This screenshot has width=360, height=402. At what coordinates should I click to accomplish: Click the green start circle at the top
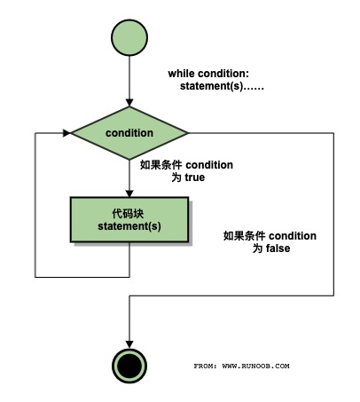(129, 38)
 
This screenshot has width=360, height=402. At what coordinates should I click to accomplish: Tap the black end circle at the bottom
(129, 365)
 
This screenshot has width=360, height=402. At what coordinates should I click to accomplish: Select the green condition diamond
(129, 133)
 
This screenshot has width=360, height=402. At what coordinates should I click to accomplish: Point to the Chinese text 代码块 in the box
(129, 213)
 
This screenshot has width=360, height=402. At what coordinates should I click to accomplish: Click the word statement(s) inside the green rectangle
(129, 227)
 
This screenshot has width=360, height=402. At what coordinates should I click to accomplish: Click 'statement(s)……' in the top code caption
(223, 87)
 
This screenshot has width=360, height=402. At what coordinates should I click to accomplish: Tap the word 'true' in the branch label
(195, 177)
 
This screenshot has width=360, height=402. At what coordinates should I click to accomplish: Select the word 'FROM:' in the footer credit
(206, 366)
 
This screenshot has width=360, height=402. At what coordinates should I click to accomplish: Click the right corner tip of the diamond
(188, 133)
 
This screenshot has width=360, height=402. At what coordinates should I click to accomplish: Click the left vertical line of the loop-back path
(35, 204)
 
